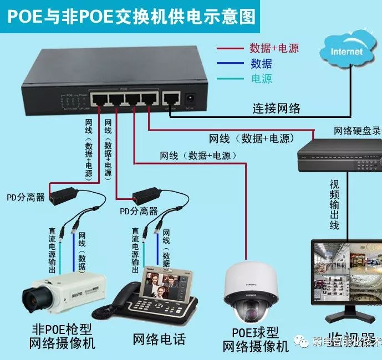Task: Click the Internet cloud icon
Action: tap(348, 51)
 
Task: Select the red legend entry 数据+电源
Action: tap(274, 48)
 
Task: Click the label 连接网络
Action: tap(277, 108)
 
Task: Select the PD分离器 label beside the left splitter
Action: tap(26, 197)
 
